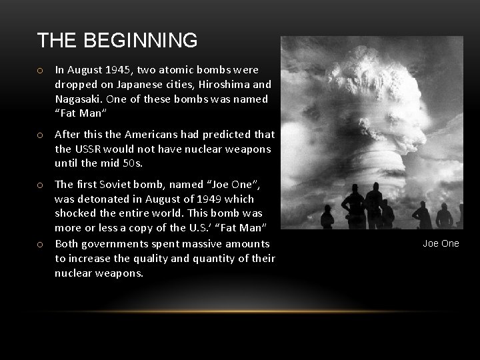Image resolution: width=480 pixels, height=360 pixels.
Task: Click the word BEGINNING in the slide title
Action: tap(140, 41)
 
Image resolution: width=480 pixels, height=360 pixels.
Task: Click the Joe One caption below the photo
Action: tap(441, 243)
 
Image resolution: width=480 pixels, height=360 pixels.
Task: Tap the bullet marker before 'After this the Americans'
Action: tap(41, 134)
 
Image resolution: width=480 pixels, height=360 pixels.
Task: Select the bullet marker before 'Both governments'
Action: tap(41, 245)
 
